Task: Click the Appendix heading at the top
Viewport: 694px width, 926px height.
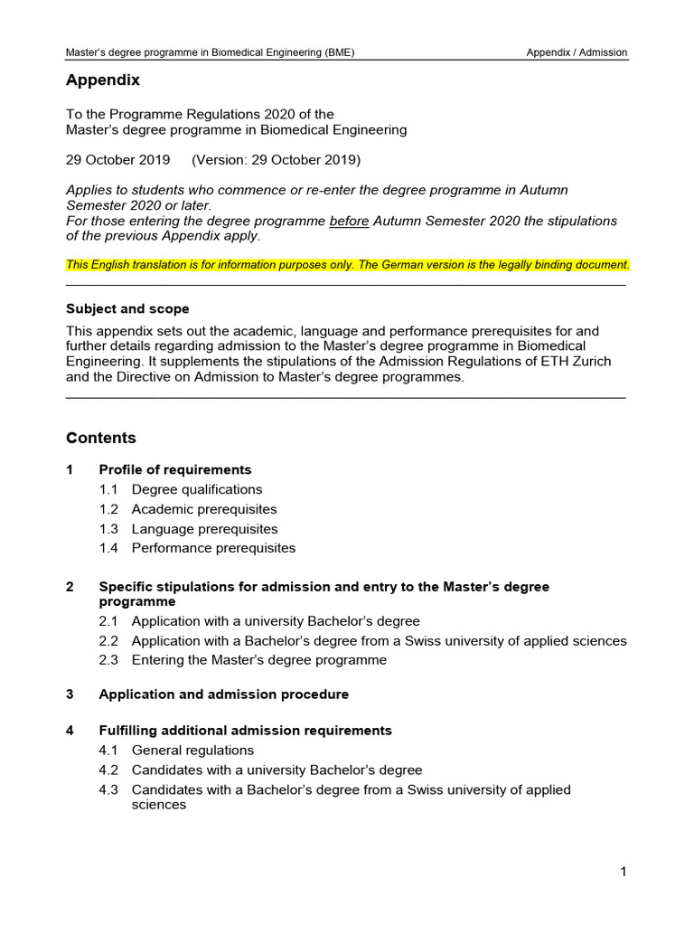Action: pyautogui.click(x=103, y=80)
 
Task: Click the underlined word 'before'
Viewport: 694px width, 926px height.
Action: pyautogui.click(x=349, y=221)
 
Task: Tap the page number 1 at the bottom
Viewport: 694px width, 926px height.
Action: pyautogui.click(x=623, y=872)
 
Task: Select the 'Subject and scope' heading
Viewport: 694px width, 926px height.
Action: pyautogui.click(x=127, y=309)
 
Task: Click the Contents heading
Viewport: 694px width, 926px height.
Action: pyautogui.click(x=101, y=439)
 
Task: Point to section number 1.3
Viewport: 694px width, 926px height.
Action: pyautogui.click(x=108, y=529)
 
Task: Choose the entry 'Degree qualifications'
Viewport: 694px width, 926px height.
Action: pyautogui.click(x=197, y=489)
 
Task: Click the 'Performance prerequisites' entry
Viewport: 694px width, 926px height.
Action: pyautogui.click(x=213, y=548)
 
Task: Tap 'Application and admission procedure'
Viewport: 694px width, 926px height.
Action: pyautogui.click(x=223, y=694)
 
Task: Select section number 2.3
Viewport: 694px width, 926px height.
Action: pyautogui.click(x=108, y=660)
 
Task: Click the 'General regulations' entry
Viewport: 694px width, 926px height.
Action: pyautogui.click(x=192, y=751)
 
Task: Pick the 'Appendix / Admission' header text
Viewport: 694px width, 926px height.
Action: pyautogui.click(x=577, y=52)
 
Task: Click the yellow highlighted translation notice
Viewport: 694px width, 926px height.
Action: pyautogui.click(x=348, y=265)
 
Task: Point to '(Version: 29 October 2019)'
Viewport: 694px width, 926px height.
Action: pyautogui.click(x=277, y=160)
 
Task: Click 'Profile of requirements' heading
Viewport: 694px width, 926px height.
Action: pyautogui.click(x=175, y=470)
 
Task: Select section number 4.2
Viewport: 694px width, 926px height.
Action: pyautogui.click(x=108, y=770)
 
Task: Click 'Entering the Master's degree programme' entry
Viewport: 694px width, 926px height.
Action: pyautogui.click(x=258, y=660)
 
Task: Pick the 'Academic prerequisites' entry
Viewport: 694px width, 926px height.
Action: pyautogui.click(x=204, y=509)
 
